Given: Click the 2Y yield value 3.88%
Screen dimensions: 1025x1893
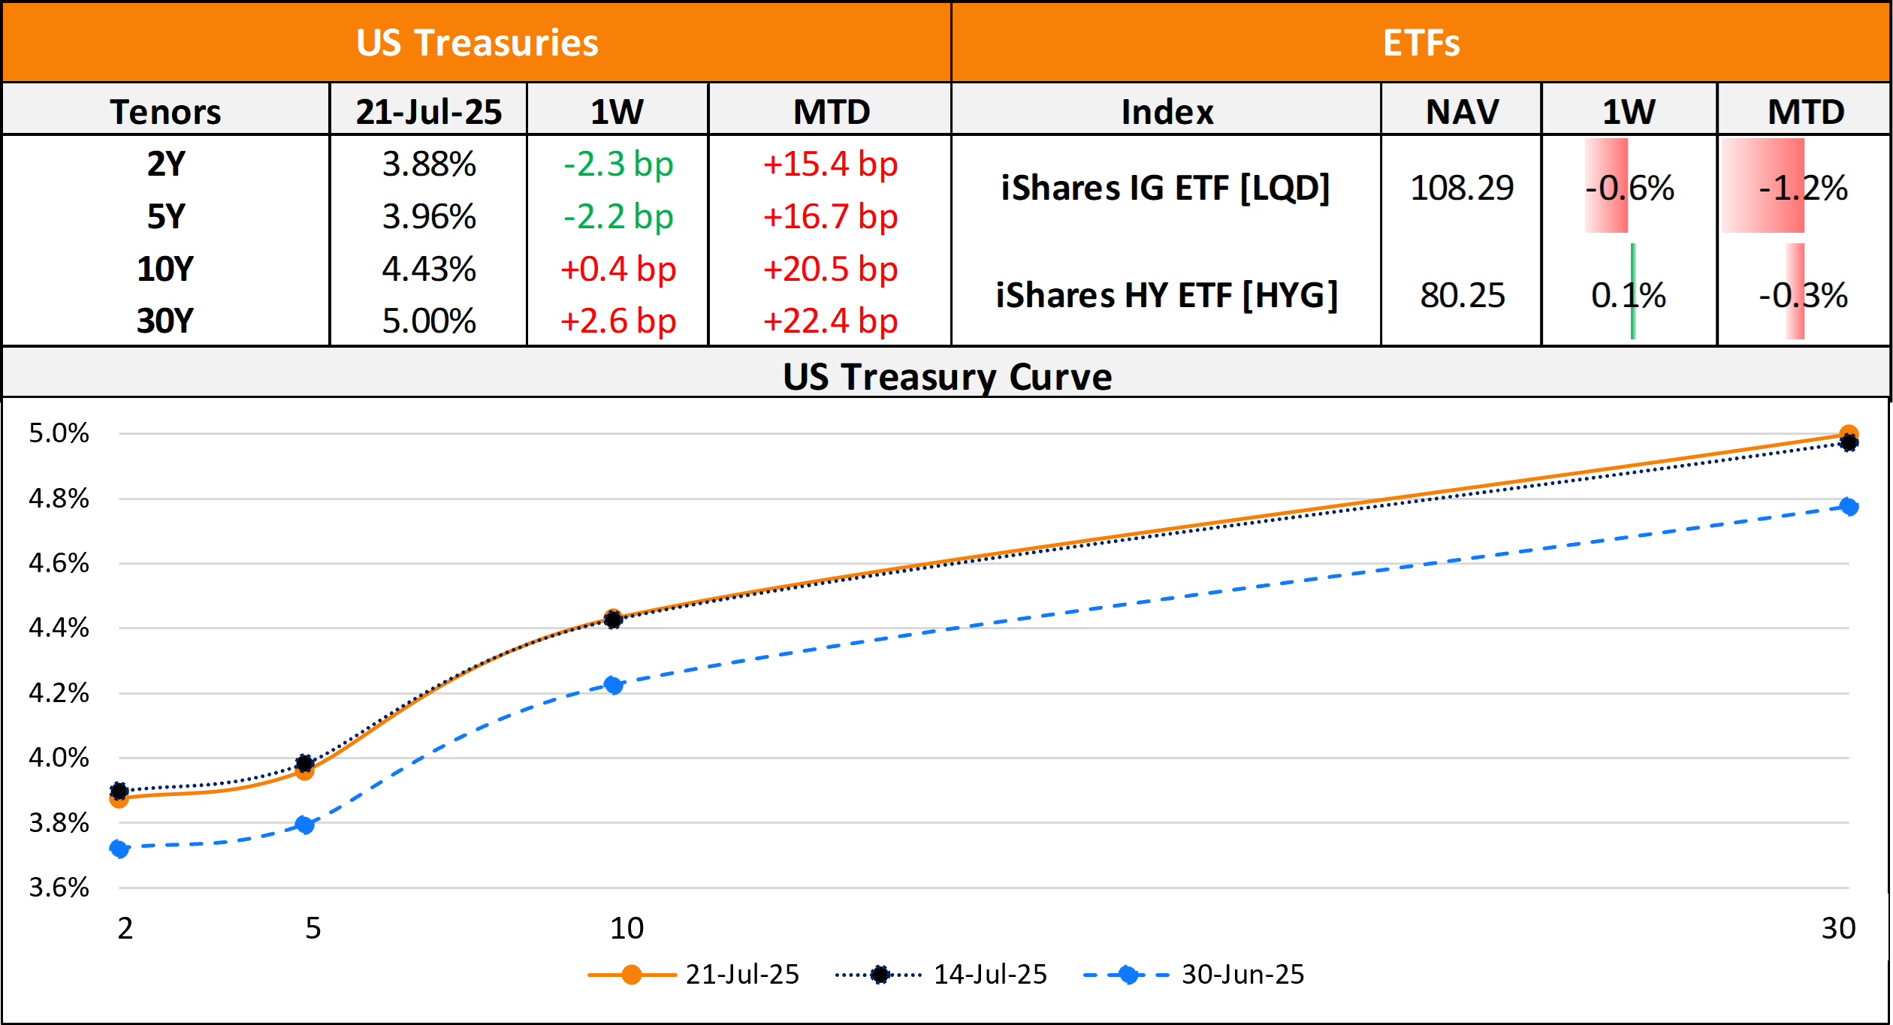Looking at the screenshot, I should pos(429,164).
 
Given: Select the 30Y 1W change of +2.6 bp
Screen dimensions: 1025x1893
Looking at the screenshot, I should pos(618,321).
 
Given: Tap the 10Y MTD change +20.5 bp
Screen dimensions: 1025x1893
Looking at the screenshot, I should pos(830,269).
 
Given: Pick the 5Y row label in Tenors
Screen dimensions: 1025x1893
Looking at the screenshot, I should pos(165,216).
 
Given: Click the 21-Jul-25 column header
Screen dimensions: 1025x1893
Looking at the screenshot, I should pos(429,112).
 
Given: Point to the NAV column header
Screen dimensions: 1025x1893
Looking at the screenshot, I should pos(1462,112).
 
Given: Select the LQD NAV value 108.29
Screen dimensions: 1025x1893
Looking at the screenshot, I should pos(1462,188).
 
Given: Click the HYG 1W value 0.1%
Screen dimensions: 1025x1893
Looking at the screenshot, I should pos(1628,295).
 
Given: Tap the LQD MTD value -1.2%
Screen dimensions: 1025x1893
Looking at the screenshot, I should pos(1803,188).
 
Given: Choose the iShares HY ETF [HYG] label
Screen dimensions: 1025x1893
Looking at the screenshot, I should pos(1167,295).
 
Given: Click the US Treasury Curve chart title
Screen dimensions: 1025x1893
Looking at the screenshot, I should pos(946,376).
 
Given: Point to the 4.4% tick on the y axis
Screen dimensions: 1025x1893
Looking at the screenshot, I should pos(59,627).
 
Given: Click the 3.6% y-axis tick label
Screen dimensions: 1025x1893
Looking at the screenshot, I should pos(59,887).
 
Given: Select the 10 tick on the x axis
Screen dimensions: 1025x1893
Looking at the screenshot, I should pos(626,928).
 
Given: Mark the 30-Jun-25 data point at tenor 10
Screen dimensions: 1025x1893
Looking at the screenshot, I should pos(613,685).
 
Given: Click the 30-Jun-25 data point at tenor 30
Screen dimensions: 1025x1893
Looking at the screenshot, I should pos(1849,507).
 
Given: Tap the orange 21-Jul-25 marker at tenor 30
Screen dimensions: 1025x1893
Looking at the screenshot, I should pos(1849,433).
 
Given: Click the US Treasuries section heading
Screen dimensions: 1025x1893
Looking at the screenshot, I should pos(477,43).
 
